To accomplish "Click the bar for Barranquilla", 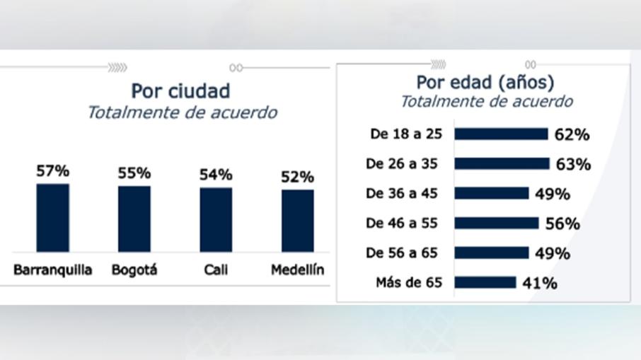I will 53,218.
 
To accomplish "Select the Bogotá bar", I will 134,219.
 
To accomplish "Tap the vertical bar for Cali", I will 216,219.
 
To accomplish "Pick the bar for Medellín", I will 297,221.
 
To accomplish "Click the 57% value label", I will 53,171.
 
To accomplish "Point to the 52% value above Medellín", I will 297,177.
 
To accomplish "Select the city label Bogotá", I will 134,270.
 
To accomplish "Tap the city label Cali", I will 216,270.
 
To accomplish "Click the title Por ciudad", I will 180,91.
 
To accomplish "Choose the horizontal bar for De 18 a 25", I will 501,134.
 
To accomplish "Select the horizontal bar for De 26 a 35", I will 502,163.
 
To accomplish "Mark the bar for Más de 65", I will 485,283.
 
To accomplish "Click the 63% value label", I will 573,164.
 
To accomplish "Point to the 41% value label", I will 541,284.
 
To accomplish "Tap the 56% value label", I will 563,224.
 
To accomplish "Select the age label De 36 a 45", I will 402,193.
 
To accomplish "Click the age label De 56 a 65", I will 402,253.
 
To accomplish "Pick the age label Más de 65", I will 408,283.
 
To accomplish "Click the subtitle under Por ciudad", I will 182,113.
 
